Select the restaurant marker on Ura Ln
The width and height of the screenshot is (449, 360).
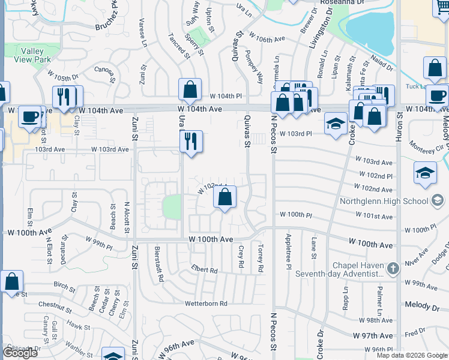(191, 142)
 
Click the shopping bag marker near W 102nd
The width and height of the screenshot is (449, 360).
(224, 197)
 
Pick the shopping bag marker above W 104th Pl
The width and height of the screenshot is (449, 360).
(190, 90)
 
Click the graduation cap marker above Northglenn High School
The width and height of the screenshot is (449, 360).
(425, 173)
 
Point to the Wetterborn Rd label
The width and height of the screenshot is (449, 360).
(206, 304)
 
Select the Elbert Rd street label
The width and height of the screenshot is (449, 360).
(204, 270)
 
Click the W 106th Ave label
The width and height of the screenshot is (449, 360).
(267, 40)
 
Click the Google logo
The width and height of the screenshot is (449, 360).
(19, 353)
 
